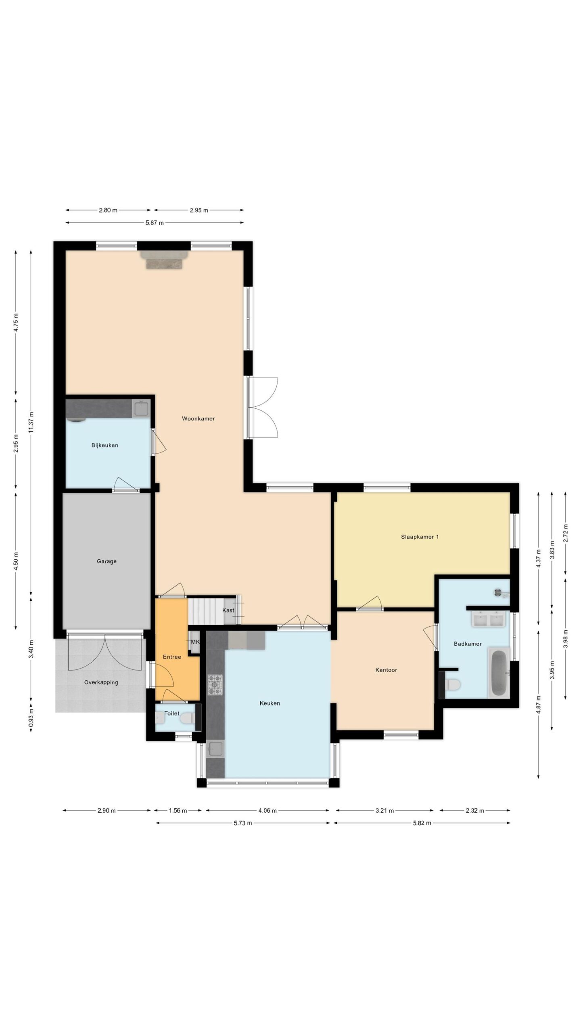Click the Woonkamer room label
pos(198,418)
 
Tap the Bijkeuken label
pos(104,445)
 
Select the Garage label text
pos(107,561)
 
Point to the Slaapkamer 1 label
pos(420,537)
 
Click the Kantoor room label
pos(386,670)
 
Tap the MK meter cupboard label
pos(195,642)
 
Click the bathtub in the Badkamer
pos(499,672)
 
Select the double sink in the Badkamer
pos(488,619)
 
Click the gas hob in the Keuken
pos(215,685)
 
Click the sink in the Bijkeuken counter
pos(141,408)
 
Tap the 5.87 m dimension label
pos(155,223)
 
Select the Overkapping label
pos(101,682)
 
